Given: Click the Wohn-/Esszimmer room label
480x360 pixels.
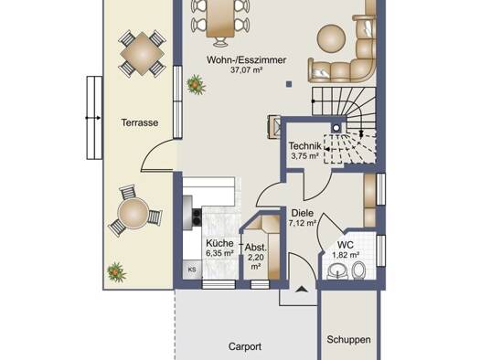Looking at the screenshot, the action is click(x=247, y=60).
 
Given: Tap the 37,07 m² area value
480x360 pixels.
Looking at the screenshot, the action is click(x=247, y=70).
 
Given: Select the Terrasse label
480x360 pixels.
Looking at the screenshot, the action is click(x=140, y=122).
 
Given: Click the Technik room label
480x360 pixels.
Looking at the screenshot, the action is click(x=304, y=146).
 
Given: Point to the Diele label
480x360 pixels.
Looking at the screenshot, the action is click(x=302, y=213).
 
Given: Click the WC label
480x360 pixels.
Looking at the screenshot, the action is click(x=346, y=245).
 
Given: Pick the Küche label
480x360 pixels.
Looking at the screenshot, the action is click(x=219, y=243).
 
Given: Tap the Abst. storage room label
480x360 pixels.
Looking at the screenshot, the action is click(x=256, y=248).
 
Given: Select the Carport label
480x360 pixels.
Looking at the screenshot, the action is click(x=245, y=347).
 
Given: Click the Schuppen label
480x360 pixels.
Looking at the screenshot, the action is click(x=348, y=340).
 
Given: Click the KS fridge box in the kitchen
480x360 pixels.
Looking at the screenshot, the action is click(x=192, y=270).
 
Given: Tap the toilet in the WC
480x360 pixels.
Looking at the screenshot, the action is click(x=358, y=270).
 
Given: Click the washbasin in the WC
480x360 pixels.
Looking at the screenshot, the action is click(x=338, y=271).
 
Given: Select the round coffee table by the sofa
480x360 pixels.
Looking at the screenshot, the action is click(x=332, y=38).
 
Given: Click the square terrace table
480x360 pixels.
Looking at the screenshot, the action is click(x=142, y=54).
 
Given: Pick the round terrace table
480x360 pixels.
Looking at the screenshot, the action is click(x=133, y=213).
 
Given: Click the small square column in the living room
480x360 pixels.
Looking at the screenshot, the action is click(x=289, y=84).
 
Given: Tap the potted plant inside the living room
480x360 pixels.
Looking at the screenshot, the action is click(x=196, y=84).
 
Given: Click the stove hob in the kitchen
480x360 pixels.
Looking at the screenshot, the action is click(x=197, y=217).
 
